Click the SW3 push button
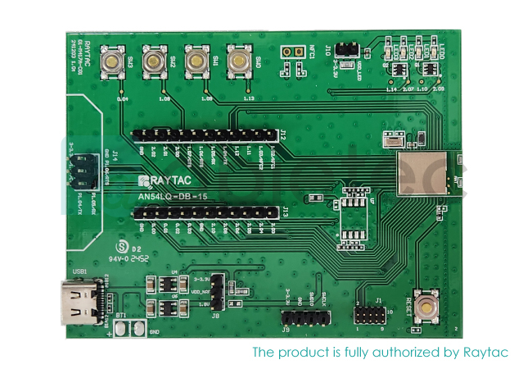109,62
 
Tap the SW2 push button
152,61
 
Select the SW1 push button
195,61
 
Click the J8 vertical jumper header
218,291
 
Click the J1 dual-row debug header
368,316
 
